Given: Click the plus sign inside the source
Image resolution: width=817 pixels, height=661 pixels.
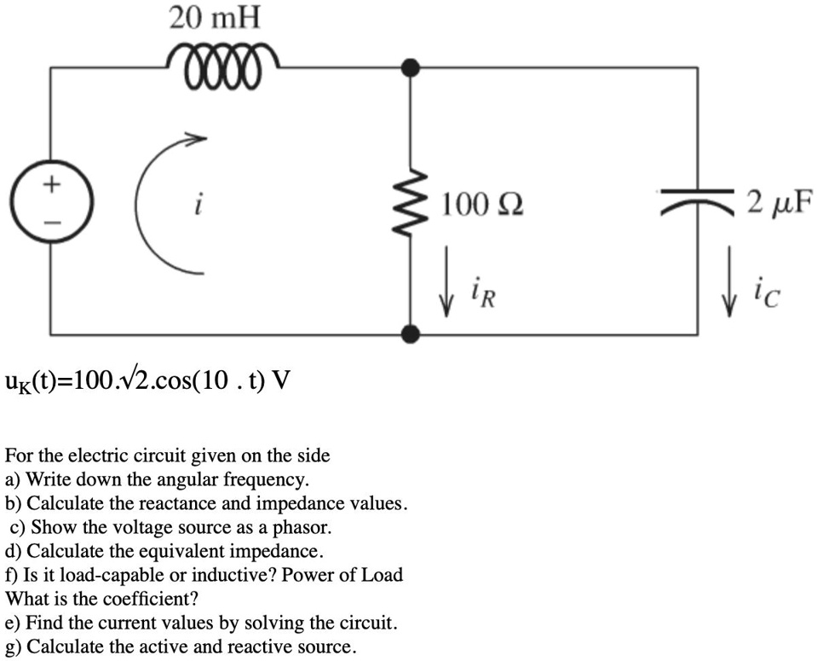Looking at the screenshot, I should (x=52, y=183).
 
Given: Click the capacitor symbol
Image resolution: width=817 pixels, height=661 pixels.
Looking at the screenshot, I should (x=699, y=202).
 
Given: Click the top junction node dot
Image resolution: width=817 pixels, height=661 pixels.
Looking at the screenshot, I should (x=412, y=67).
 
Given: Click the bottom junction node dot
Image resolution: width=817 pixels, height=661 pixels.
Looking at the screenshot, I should (x=412, y=333).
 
